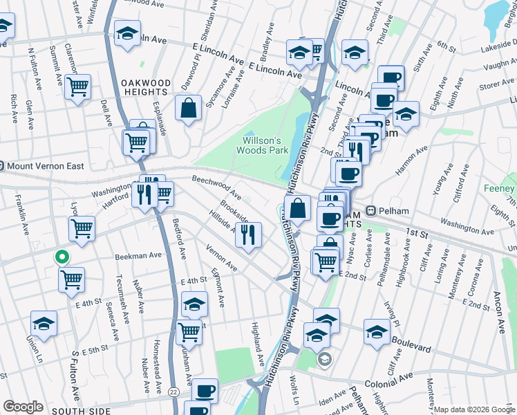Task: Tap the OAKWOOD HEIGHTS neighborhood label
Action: (145, 87)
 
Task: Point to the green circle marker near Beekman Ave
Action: (62, 257)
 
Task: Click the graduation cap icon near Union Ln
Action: (44, 324)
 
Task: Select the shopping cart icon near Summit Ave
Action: (78, 87)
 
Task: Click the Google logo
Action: (23, 407)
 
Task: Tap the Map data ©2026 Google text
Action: (474, 409)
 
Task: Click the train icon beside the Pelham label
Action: (370, 210)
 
